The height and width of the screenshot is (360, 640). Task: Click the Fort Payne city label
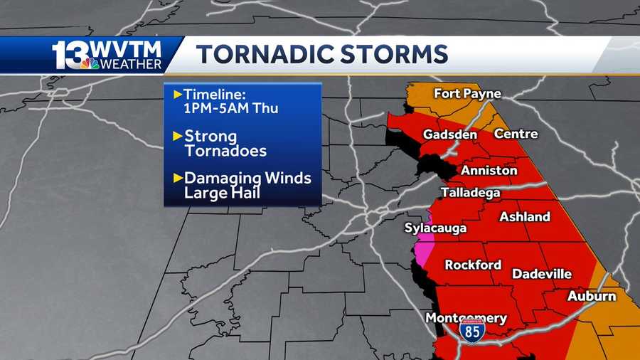467,94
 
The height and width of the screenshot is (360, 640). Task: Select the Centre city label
516,134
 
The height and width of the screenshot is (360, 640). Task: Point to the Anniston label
489,171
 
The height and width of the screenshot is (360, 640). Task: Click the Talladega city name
470,193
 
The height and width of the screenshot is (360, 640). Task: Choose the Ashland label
525,217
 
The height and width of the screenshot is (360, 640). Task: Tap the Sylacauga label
435,228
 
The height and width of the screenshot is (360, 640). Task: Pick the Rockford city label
473,265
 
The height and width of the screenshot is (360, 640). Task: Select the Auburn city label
591,296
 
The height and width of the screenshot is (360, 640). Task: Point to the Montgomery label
466,319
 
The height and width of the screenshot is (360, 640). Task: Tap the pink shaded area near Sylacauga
425,245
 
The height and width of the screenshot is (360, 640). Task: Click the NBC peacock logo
90,63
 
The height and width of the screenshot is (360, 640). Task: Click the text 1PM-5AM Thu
230,109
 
